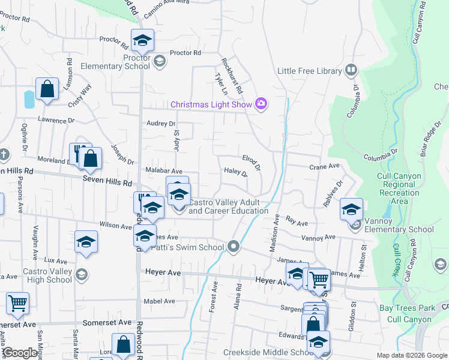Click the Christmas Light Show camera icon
click(x=261, y=104)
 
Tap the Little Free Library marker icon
click(x=351, y=71)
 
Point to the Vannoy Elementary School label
click(x=400, y=229)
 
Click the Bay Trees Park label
click(x=406, y=308)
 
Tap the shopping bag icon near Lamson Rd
click(x=47, y=89)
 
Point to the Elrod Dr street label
click(x=251, y=162)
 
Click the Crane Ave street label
click(x=325, y=167)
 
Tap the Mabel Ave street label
click(x=159, y=301)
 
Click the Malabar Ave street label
click(x=164, y=171)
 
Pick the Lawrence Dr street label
click(x=55, y=121)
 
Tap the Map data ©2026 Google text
click(x=411, y=355)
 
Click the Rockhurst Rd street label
click(x=232, y=76)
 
